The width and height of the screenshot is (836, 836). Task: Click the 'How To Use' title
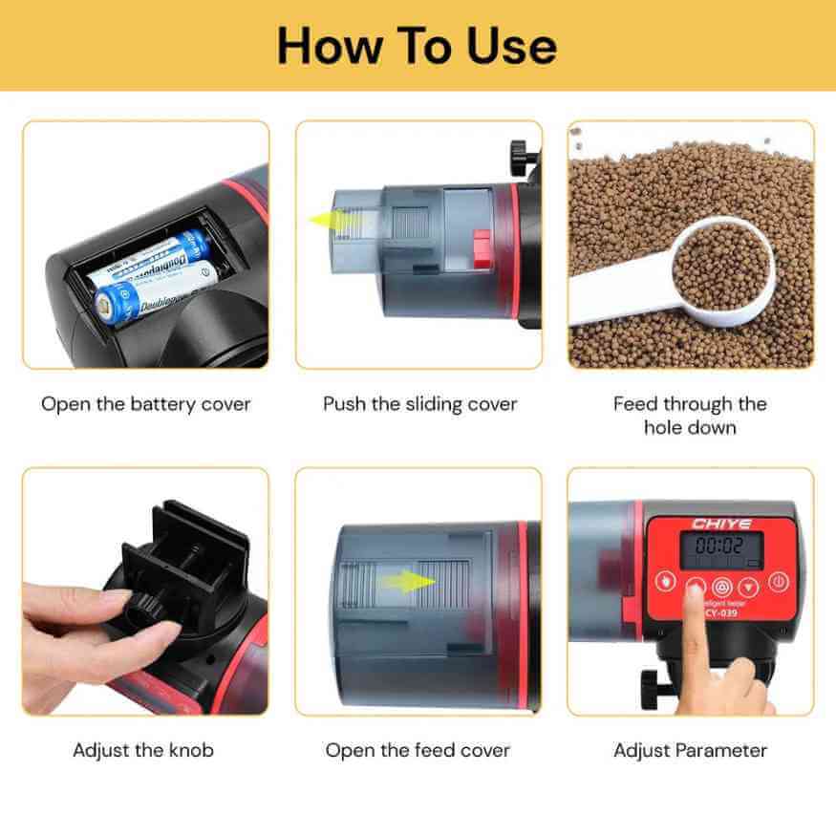coord(418,46)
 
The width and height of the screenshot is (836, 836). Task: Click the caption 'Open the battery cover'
coord(145,404)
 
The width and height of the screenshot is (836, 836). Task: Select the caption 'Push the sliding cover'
coord(419,404)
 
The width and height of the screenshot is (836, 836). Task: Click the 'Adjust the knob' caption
coord(143,750)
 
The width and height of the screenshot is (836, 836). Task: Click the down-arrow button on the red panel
coord(749,584)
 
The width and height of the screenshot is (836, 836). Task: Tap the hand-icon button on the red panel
coord(665,583)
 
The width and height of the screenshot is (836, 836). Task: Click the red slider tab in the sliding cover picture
coord(482,250)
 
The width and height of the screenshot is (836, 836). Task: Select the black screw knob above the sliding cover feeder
coord(522,153)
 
